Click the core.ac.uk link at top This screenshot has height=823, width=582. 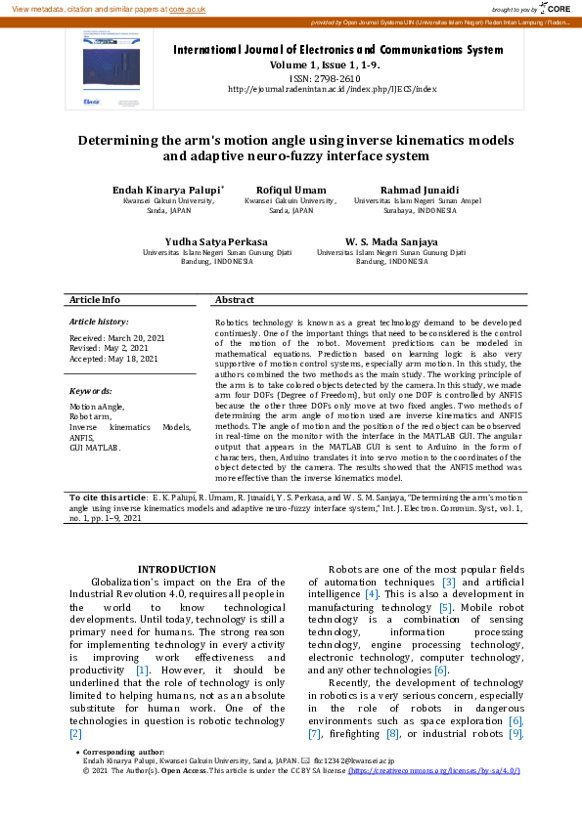coord(188,8)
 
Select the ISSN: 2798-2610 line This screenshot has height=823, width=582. coord(325,77)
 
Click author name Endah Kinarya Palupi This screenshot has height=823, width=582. coord(167,189)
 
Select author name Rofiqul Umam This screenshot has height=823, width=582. coord(291,189)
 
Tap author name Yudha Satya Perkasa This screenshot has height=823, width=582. coord(215,240)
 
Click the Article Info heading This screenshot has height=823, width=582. coord(95,300)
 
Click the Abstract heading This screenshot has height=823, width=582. coord(235,300)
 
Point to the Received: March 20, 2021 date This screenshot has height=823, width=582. coord(116,337)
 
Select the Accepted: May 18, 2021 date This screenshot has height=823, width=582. coord(113,359)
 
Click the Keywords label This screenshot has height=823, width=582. coord(90,390)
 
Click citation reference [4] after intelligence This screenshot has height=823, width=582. coord(371,594)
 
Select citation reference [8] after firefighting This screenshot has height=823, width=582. coord(393,733)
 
